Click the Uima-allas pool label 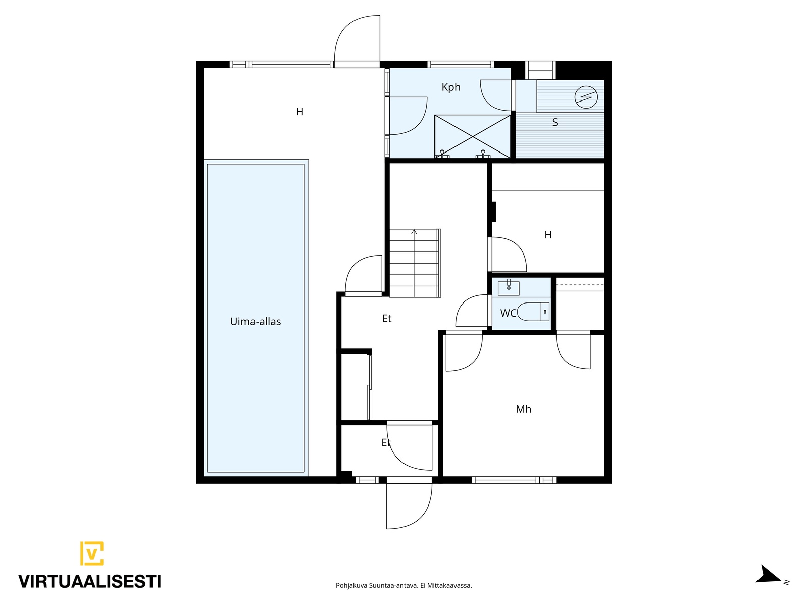(x=255, y=321)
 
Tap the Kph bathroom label (x=451, y=87)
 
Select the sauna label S (x=554, y=122)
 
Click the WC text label (x=508, y=313)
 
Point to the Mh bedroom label (x=523, y=409)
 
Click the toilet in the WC (x=533, y=311)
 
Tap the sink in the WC (x=509, y=288)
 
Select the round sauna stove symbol (x=586, y=97)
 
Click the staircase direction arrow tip (x=414, y=230)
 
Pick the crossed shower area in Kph (x=473, y=136)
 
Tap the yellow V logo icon (x=92, y=553)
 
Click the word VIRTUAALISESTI (x=90, y=581)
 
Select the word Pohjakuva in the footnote (x=351, y=585)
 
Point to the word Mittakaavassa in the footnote (x=450, y=585)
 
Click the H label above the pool (x=299, y=112)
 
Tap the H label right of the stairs (x=548, y=235)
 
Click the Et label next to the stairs (x=386, y=318)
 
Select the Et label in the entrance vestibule (x=386, y=443)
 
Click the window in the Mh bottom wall (x=514, y=480)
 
